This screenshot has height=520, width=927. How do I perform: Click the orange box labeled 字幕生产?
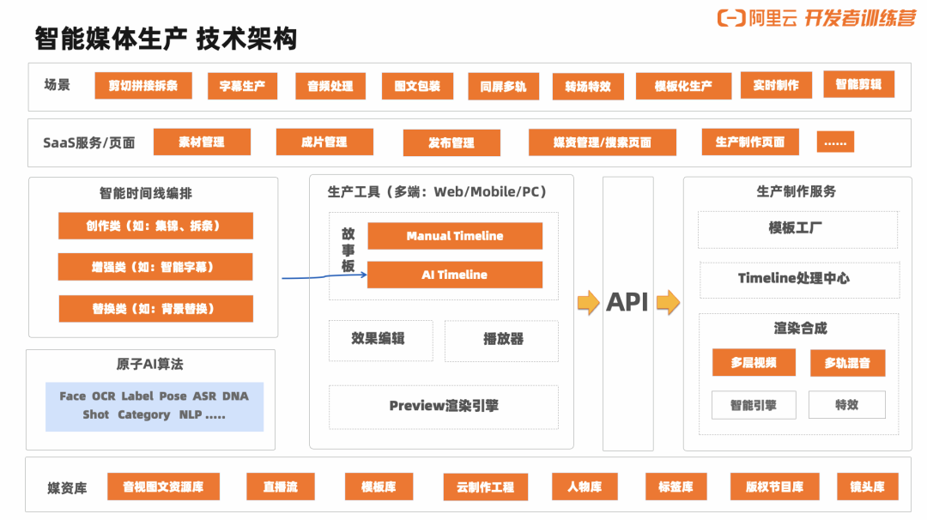click(x=242, y=86)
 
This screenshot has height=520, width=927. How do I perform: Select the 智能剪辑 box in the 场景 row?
click(x=858, y=84)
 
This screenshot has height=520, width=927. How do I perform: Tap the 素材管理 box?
click(x=202, y=142)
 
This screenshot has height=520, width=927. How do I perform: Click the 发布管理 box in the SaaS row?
click(x=451, y=142)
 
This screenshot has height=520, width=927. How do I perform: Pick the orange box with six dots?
click(x=835, y=142)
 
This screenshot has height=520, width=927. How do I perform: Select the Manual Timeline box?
click(x=455, y=236)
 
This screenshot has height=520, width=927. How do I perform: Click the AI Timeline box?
click(x=455, y=275)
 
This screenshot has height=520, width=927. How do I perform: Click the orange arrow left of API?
click(x=588, y=302)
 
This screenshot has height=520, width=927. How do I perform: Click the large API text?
click(x=627, y=302)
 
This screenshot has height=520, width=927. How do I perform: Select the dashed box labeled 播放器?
click(x=502, y=340)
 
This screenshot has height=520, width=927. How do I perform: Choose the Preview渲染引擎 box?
click(x=443, y=406)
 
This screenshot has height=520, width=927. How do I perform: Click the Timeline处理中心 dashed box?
click(x=794, y=279)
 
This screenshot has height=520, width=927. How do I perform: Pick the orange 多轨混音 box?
click(x=847, y=363)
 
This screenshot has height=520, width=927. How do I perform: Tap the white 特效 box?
click(x=846, y=405)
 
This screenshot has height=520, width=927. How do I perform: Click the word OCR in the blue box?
click(x=103, y=396)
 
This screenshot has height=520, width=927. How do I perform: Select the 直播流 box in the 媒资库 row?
click(x=281, y=487)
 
